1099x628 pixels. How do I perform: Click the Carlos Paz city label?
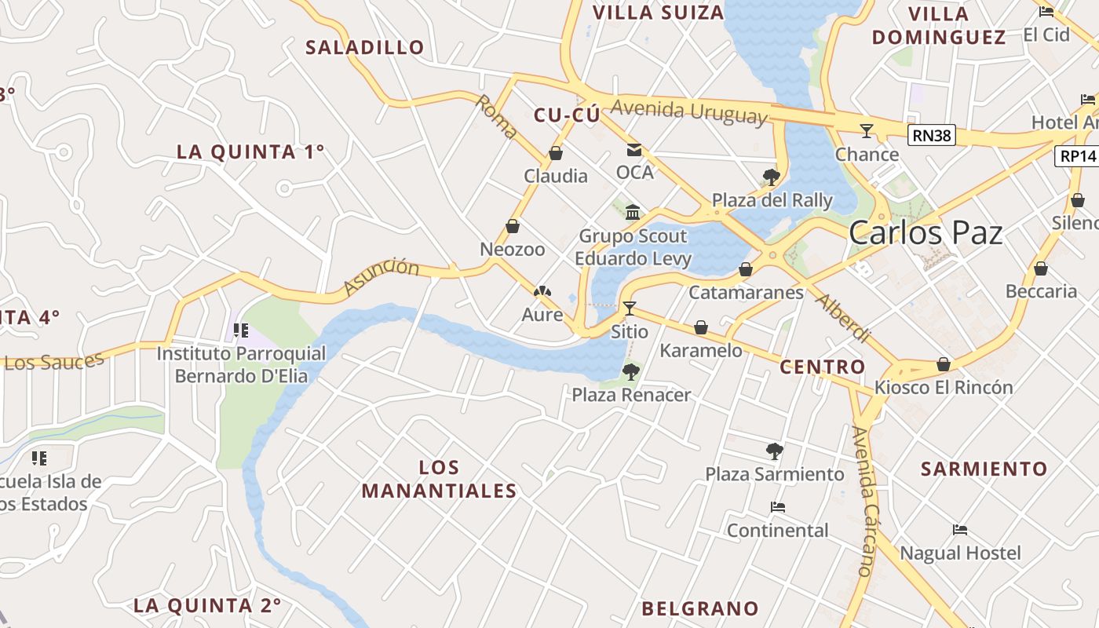tap(926, 233)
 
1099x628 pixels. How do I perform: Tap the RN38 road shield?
tap(932, 136)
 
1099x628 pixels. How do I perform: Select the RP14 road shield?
tap(1077, 156)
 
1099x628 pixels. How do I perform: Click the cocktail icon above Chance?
tap(867, 130)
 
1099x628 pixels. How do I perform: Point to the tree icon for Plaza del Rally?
tap(771, 177)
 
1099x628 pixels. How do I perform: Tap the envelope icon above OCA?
tap(633, 150)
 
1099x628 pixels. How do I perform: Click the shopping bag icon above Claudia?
tap(556, 153)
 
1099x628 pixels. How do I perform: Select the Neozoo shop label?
tap(513, 250)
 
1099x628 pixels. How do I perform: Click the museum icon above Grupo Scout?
tap(633, 212)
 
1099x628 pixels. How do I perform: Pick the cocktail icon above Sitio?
tap(629, 308)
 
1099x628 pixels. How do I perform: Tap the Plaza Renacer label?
tap(631, 395)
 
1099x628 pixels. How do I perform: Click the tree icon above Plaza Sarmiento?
tap(774, 451)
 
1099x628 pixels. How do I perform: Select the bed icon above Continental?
tap(777, 507)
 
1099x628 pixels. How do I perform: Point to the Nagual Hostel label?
tap(960, 553)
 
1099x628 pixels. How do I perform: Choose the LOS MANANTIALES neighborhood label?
tap(439, 480)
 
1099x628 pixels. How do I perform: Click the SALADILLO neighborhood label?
tap(364, 47)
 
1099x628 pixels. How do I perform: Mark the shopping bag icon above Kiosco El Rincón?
tap(944, 365)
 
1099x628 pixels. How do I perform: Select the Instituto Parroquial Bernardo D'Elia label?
tap(241, 364)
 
